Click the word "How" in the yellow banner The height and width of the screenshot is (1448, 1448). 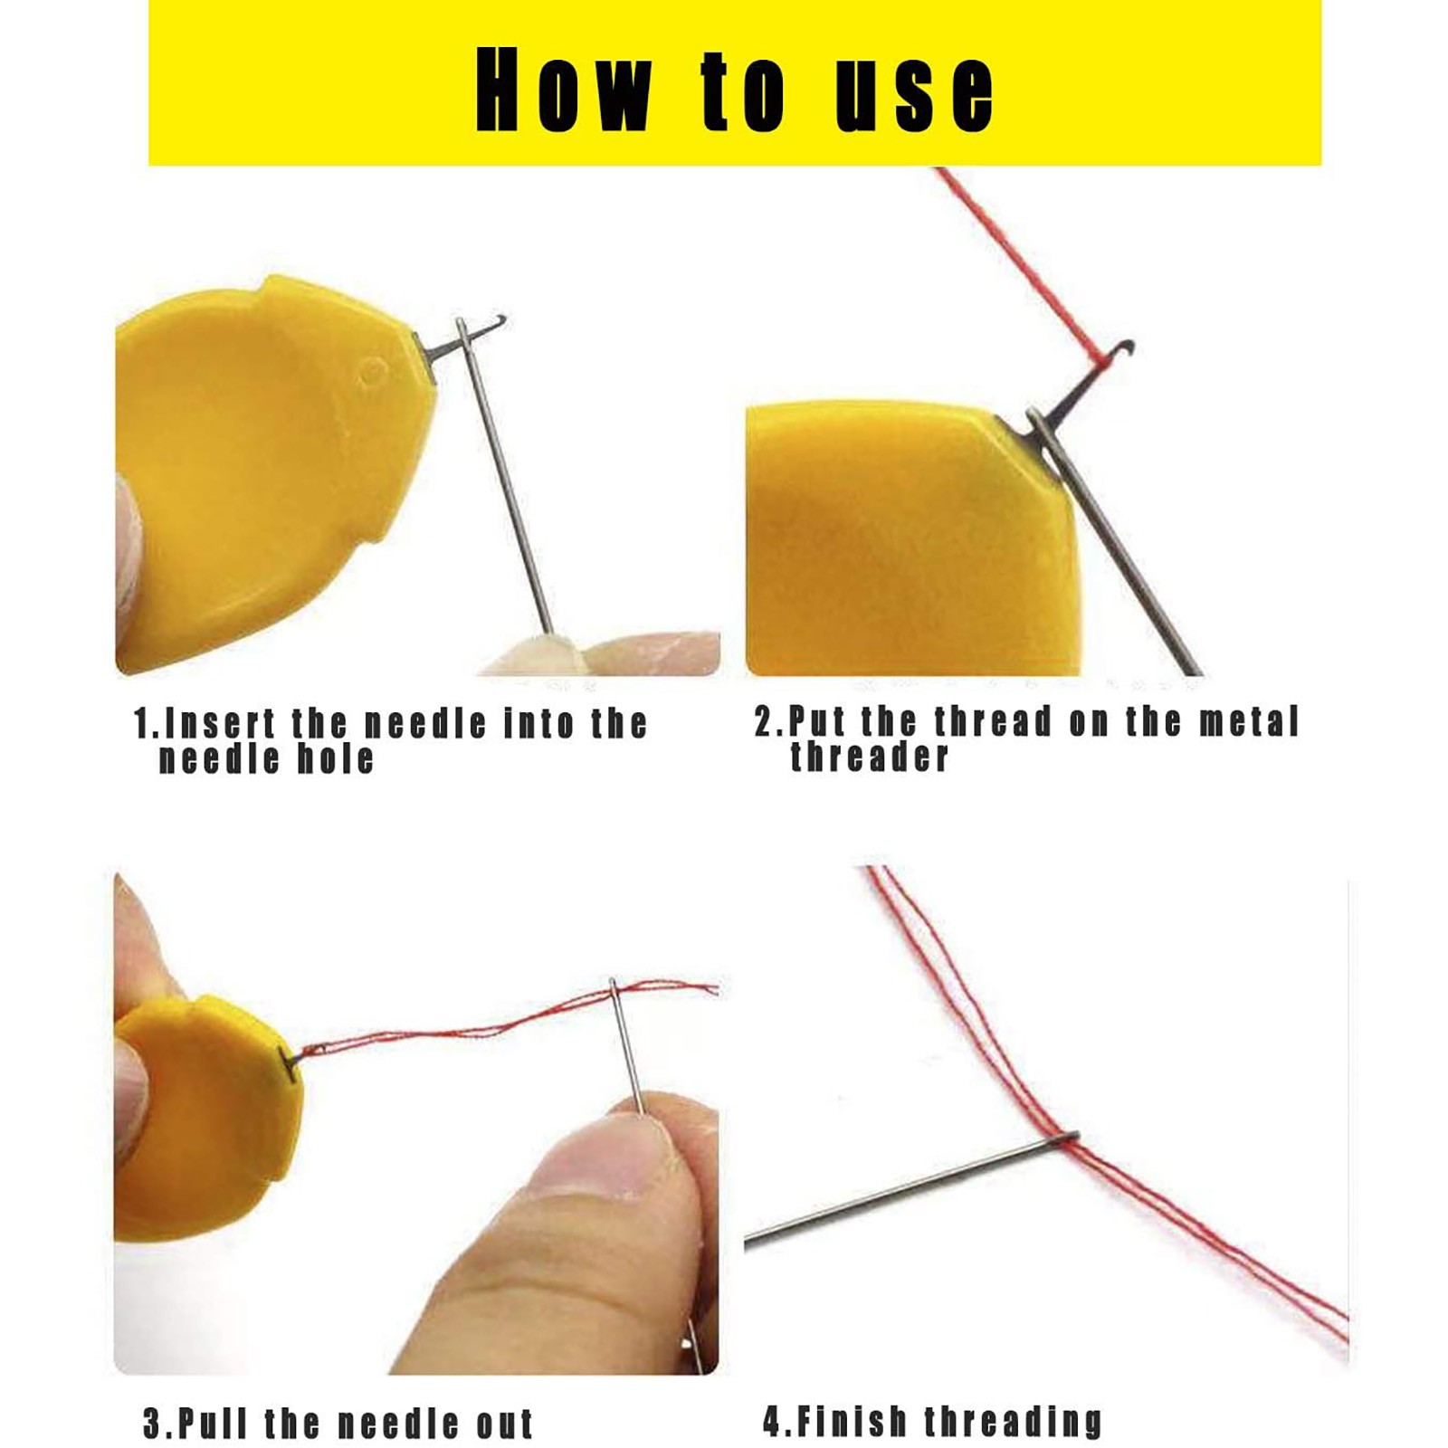point(562,89)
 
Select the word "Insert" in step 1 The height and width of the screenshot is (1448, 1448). point(221,723)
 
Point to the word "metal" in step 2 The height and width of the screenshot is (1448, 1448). point(1249,721)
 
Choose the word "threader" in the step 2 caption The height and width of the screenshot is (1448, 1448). point(869,756)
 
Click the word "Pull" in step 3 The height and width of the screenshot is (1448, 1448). point(212,1424)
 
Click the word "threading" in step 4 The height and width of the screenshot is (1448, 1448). point(1013,1422)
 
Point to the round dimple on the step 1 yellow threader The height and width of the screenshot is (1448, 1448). point(372,371)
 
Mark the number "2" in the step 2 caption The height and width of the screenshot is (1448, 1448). point(766,722)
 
